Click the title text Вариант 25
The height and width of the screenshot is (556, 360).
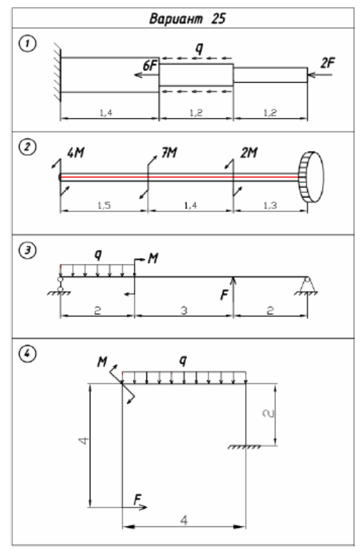[187, 19]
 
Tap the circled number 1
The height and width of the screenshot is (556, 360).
[27, 45]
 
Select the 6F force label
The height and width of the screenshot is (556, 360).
[150, 66]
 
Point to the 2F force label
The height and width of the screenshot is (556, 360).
[328, 63]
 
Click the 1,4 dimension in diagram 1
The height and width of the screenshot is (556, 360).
[106, 113]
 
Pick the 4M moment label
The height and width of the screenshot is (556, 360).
[76, 153]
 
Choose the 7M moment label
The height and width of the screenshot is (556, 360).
[169, 153]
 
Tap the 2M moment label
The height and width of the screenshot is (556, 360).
[249, 153]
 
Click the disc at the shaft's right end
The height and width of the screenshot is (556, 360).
[312, 177]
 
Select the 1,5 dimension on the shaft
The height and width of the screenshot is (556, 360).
[104, 205]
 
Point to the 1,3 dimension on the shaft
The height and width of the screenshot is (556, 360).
[270, 205]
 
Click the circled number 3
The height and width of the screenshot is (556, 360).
[27, 251]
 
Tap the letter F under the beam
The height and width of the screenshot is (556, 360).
[224, 295]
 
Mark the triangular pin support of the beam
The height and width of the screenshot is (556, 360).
[307, 286]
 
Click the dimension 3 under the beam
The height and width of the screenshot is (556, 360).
[184, 311]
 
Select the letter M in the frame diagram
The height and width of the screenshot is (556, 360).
[102, 362]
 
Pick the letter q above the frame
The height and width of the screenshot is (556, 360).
[183, 361]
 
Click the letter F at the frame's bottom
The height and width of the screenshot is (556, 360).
[137, 499]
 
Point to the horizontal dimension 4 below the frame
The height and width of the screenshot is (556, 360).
[184, 520]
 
